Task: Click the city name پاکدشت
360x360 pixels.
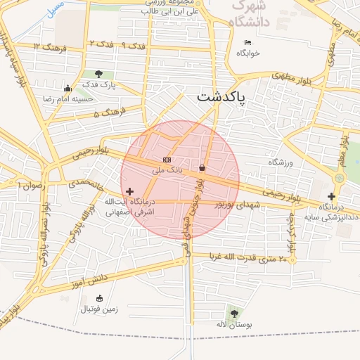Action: pos(221,98)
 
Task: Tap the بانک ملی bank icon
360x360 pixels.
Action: pos(167,160)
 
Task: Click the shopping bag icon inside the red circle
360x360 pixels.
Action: pos(202,168)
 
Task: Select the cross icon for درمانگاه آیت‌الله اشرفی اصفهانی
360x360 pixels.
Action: pos(129,191)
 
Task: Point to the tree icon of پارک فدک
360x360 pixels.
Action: pos(98,74)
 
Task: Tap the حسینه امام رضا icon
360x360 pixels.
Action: pos(67,89)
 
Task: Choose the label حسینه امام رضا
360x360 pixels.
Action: pos(69,99)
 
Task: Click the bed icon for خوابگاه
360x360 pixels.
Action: pos(247,43)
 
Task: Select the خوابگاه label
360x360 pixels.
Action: pos(248,53)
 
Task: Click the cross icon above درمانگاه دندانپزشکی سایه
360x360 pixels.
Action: pos(331,195)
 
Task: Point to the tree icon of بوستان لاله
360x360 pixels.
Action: pos(233,313)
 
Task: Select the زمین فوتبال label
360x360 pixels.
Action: pos(99,308)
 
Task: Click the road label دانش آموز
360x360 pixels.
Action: pos(88,280)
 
